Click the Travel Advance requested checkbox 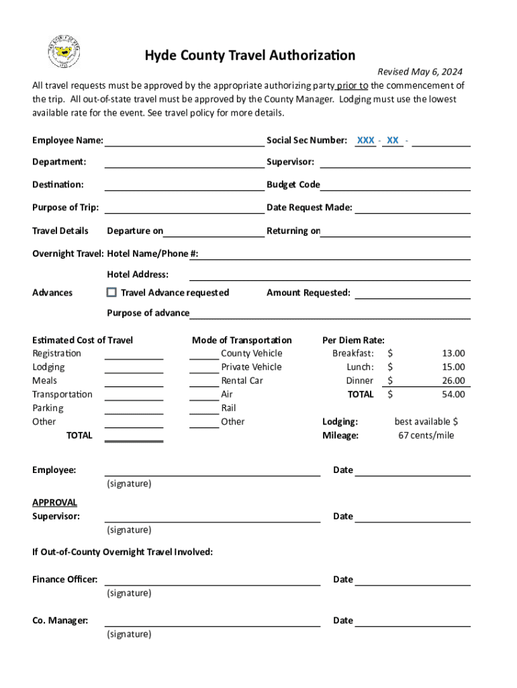coord(111,292)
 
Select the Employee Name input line coord(184,141)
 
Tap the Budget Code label coord(293,185)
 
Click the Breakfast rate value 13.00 coord(453,353)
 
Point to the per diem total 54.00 coord(453,394)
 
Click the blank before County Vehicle coord(203,354)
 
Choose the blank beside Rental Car coord(203,382)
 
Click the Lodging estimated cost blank coord(134,368)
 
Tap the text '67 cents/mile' coord(426,435)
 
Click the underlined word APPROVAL coord(54,503)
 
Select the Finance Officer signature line coord(212,580)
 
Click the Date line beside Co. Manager coord(412,621)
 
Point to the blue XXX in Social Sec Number coord(365,140)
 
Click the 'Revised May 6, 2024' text coord(419,72)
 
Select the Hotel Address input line coord(329,275)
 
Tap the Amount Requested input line coord(412,294)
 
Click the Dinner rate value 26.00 coord(453,381)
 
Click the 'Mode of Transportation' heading coord(242,340)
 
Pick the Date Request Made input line coord(412,208)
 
